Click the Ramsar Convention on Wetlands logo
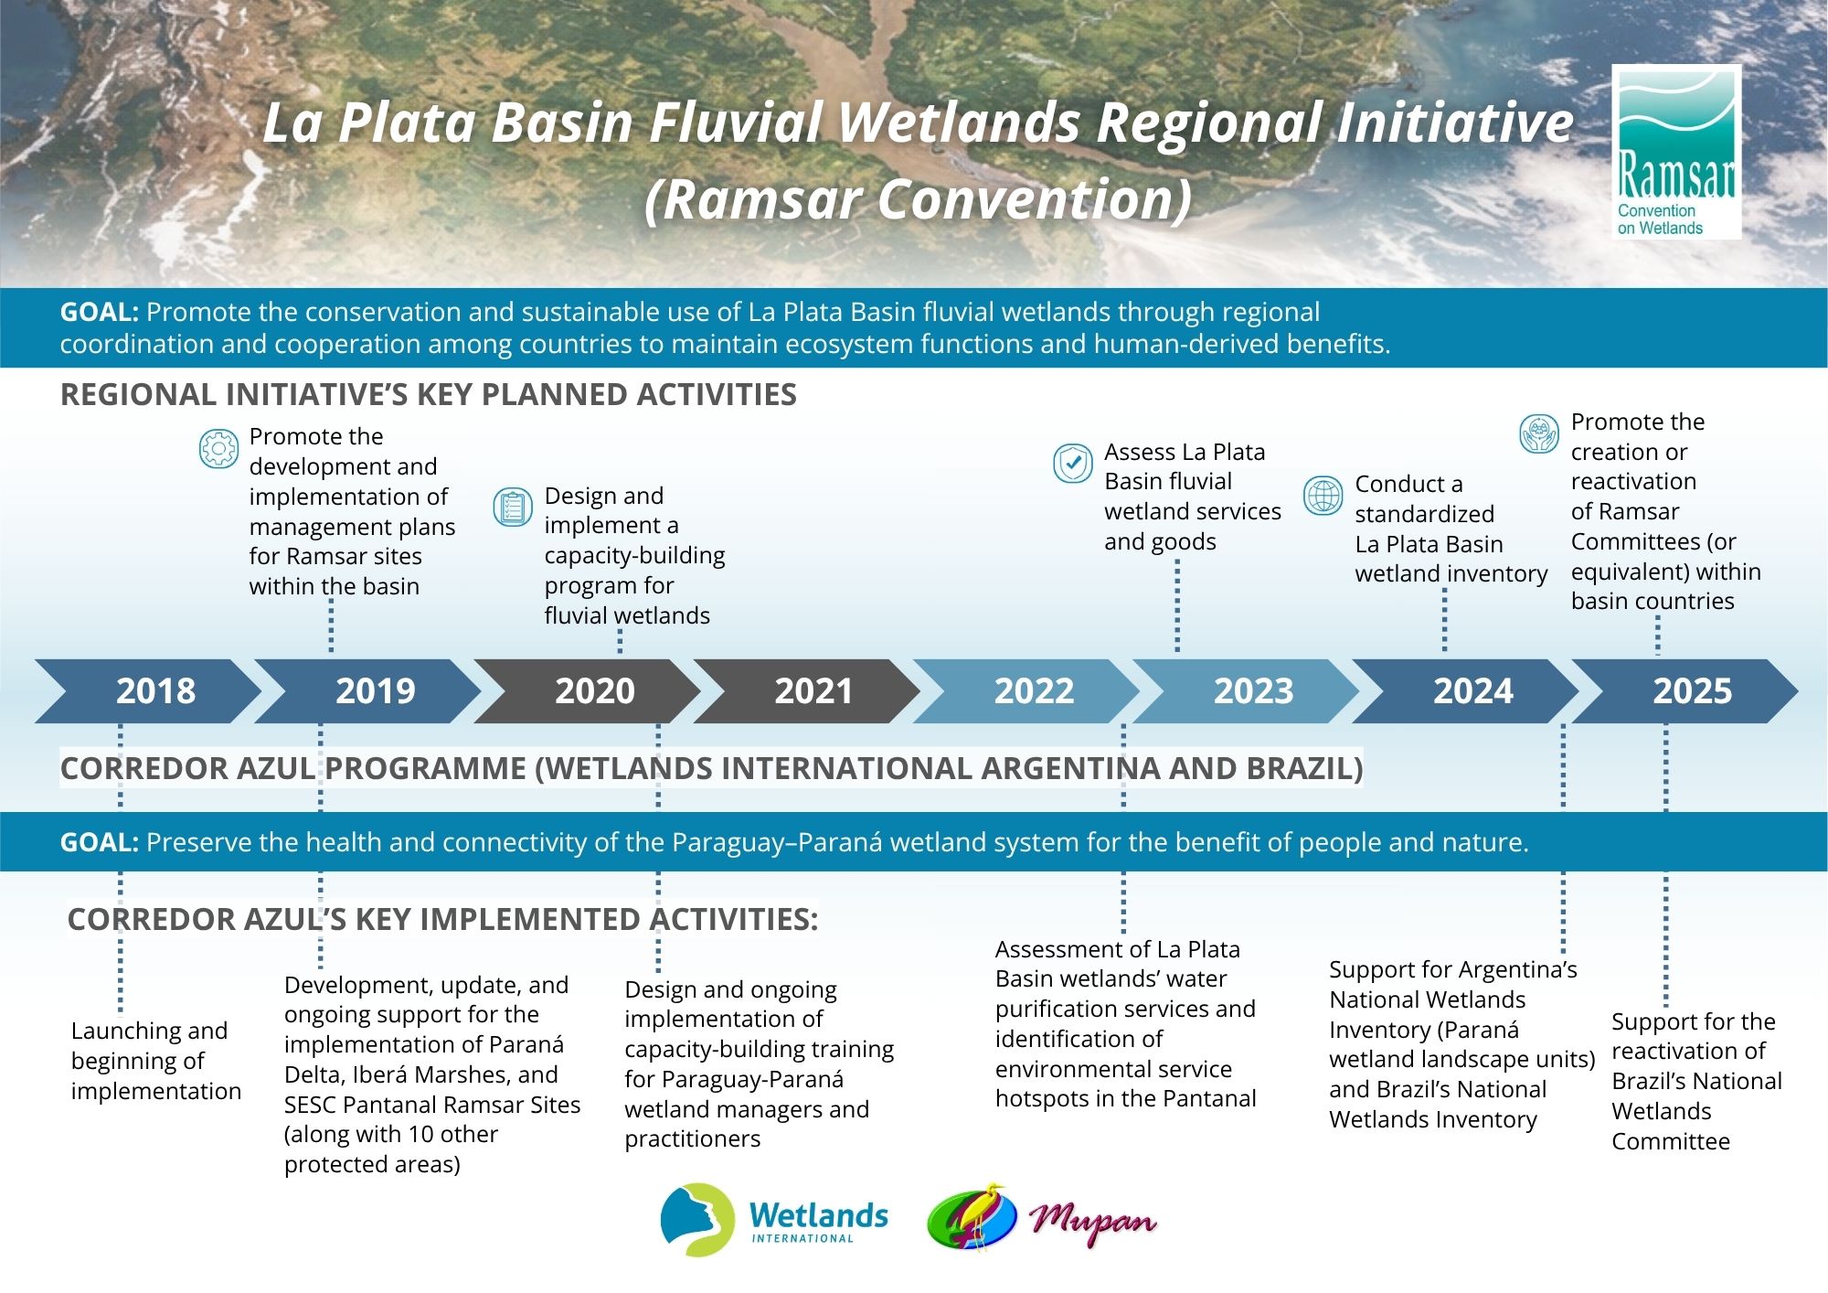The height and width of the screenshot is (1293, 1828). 1676,152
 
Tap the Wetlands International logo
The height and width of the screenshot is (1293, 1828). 774,1220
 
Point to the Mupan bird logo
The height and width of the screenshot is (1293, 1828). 1042,1217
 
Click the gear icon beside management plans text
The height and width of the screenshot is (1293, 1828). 218,449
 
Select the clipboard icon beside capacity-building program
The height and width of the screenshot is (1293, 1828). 513,508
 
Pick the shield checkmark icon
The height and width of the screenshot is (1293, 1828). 1072,464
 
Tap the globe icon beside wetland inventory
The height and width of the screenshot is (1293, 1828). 1323,496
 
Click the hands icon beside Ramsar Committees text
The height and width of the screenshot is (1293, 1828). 1539,433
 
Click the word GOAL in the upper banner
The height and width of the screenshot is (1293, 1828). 99,312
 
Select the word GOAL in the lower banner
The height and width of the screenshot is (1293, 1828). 99,842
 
